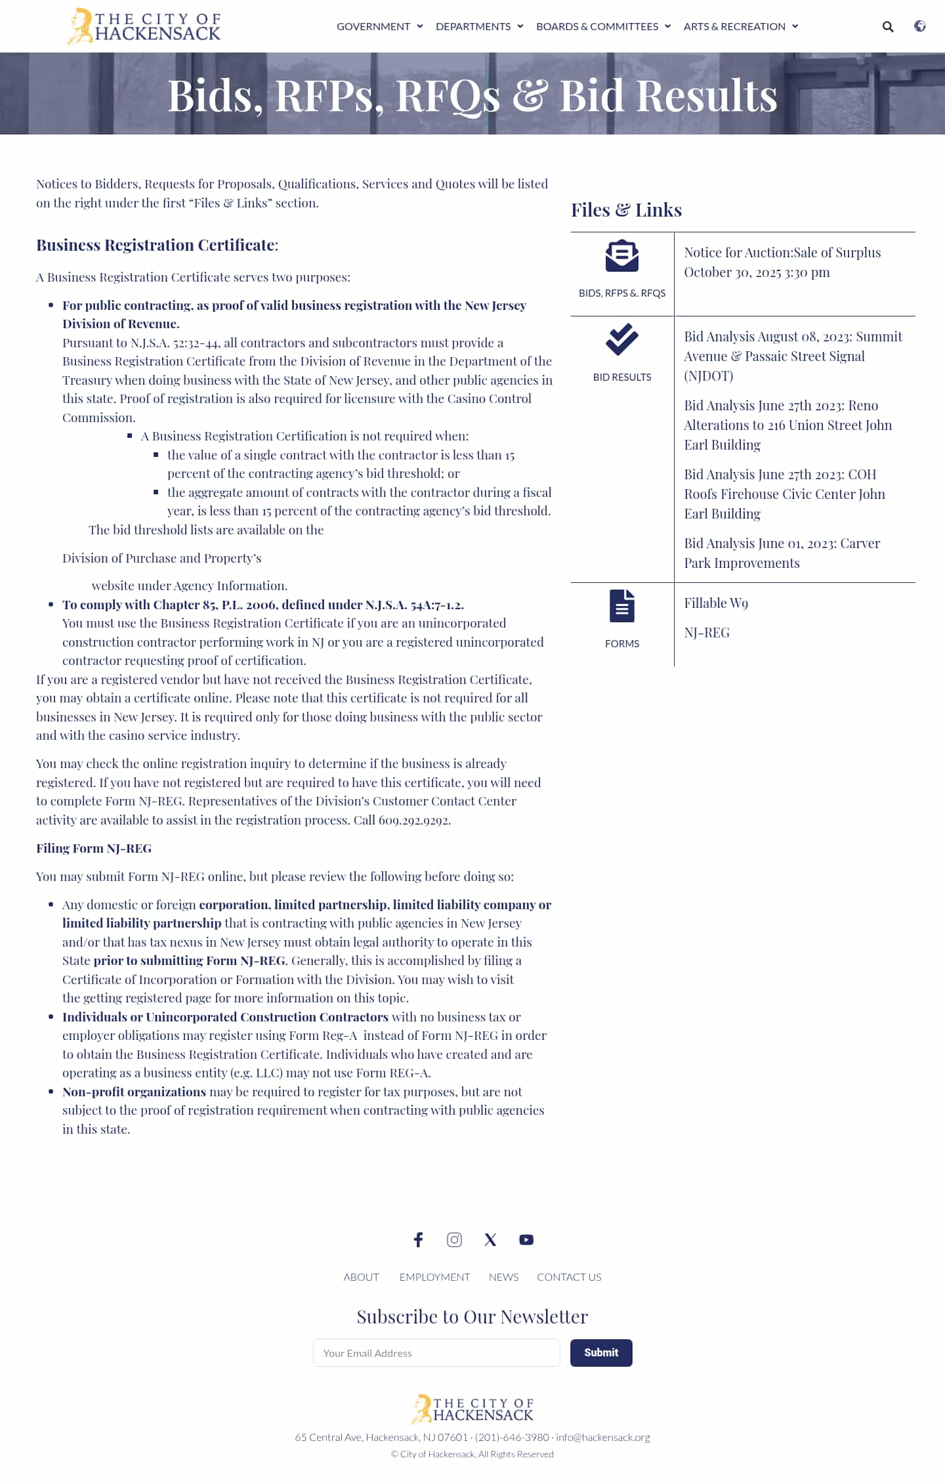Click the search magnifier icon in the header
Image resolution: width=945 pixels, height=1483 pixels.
pyautogui.click(x=887, y=27)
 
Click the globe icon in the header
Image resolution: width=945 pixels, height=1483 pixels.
pyautogui.click(x=920, y=26)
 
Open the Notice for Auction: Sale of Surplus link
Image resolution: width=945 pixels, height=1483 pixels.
pyautogui.click(x=782, y=262)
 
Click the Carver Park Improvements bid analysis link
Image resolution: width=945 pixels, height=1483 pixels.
pyautogui.click(x=782, y=553)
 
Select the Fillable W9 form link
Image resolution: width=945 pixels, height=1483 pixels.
pyautogui.click(x=715, y=603)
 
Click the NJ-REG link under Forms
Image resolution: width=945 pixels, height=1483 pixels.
pyautogui.click(x=706, y=632)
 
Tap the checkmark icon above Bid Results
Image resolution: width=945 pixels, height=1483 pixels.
pyautogui.click(x=621, y=339)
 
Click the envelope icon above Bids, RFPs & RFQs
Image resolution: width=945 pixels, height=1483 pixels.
pyautogui.click(x=621, y=255)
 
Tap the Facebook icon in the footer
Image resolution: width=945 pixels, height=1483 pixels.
pyautogui.click(x=418, y=1239)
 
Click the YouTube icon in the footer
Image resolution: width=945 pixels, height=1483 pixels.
pyautogui.click(x=526, y=1239)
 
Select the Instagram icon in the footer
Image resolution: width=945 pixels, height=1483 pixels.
pyautogui.click(x=454, y=1239)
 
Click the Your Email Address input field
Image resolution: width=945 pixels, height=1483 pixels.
pyautogui.click(x=436, y=1353)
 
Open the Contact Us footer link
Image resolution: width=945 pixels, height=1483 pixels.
pyautogui.click(x=568, y=1277)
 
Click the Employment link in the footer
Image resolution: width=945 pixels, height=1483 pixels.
pyautogui.click(x=434, y=1277)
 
